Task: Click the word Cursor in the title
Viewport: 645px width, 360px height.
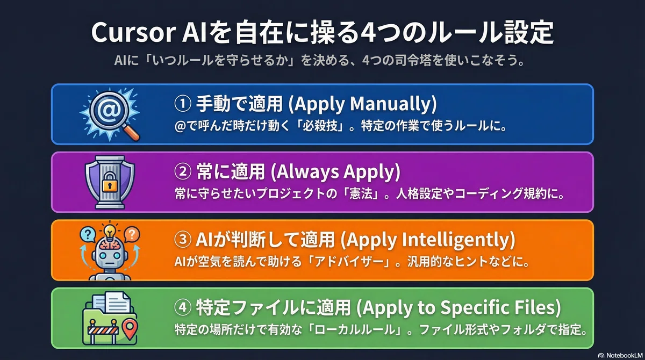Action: coord(133,33)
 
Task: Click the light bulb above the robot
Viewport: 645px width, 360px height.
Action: coord(110,232)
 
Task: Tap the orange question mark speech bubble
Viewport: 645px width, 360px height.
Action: coord(132,234)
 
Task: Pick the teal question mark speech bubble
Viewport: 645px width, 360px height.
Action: coord(88,234)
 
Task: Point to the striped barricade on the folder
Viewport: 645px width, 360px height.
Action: coord(103,330)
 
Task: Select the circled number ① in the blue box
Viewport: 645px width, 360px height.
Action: coord(183,104)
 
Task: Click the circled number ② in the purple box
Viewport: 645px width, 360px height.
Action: coord(183,171)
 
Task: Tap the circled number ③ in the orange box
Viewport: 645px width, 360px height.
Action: coord(183,240)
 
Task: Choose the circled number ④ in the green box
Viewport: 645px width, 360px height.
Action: coord(183,307)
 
